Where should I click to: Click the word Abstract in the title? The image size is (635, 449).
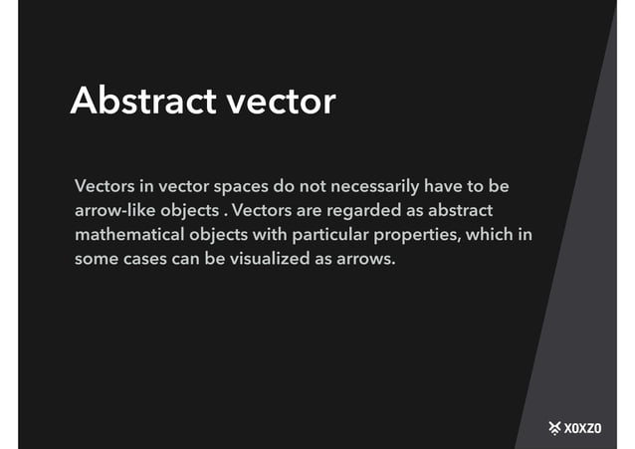tap(140, 101)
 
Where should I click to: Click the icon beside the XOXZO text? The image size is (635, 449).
tap(554, 428)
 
